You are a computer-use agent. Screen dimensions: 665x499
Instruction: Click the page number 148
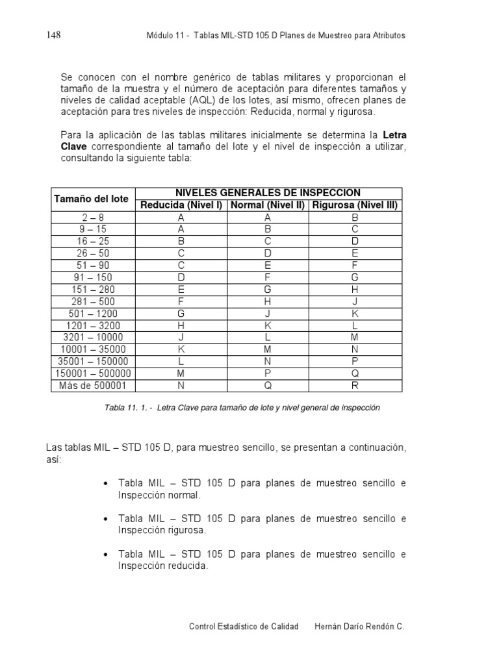coord(53,35)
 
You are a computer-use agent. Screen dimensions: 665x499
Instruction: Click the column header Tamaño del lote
coord(91,199)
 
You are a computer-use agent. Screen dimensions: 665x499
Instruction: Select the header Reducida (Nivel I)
coord(181,205)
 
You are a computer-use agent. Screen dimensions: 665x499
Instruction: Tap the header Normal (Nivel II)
coord(267,205)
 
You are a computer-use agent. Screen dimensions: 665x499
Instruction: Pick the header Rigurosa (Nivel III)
coord(355,205)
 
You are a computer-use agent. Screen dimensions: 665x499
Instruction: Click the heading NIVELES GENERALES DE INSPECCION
coord(268,193)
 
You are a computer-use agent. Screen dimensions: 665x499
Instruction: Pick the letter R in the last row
coord(355,386)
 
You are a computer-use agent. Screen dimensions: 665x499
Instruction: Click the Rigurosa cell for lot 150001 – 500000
coord(355,373)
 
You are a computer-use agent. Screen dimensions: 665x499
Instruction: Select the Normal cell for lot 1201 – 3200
coord(267,325)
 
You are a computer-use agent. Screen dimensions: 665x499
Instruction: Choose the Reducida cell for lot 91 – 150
coord(181,277)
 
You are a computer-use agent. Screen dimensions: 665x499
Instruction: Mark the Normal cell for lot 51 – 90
coord(267,266)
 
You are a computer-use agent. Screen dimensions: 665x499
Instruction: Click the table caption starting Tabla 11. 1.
coord(242,408)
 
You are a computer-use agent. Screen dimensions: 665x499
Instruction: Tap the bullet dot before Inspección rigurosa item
coord(105,520)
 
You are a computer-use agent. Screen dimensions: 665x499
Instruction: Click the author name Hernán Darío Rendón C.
coord(359,626)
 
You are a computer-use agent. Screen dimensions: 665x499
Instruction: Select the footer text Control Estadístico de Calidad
coord(243,626)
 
